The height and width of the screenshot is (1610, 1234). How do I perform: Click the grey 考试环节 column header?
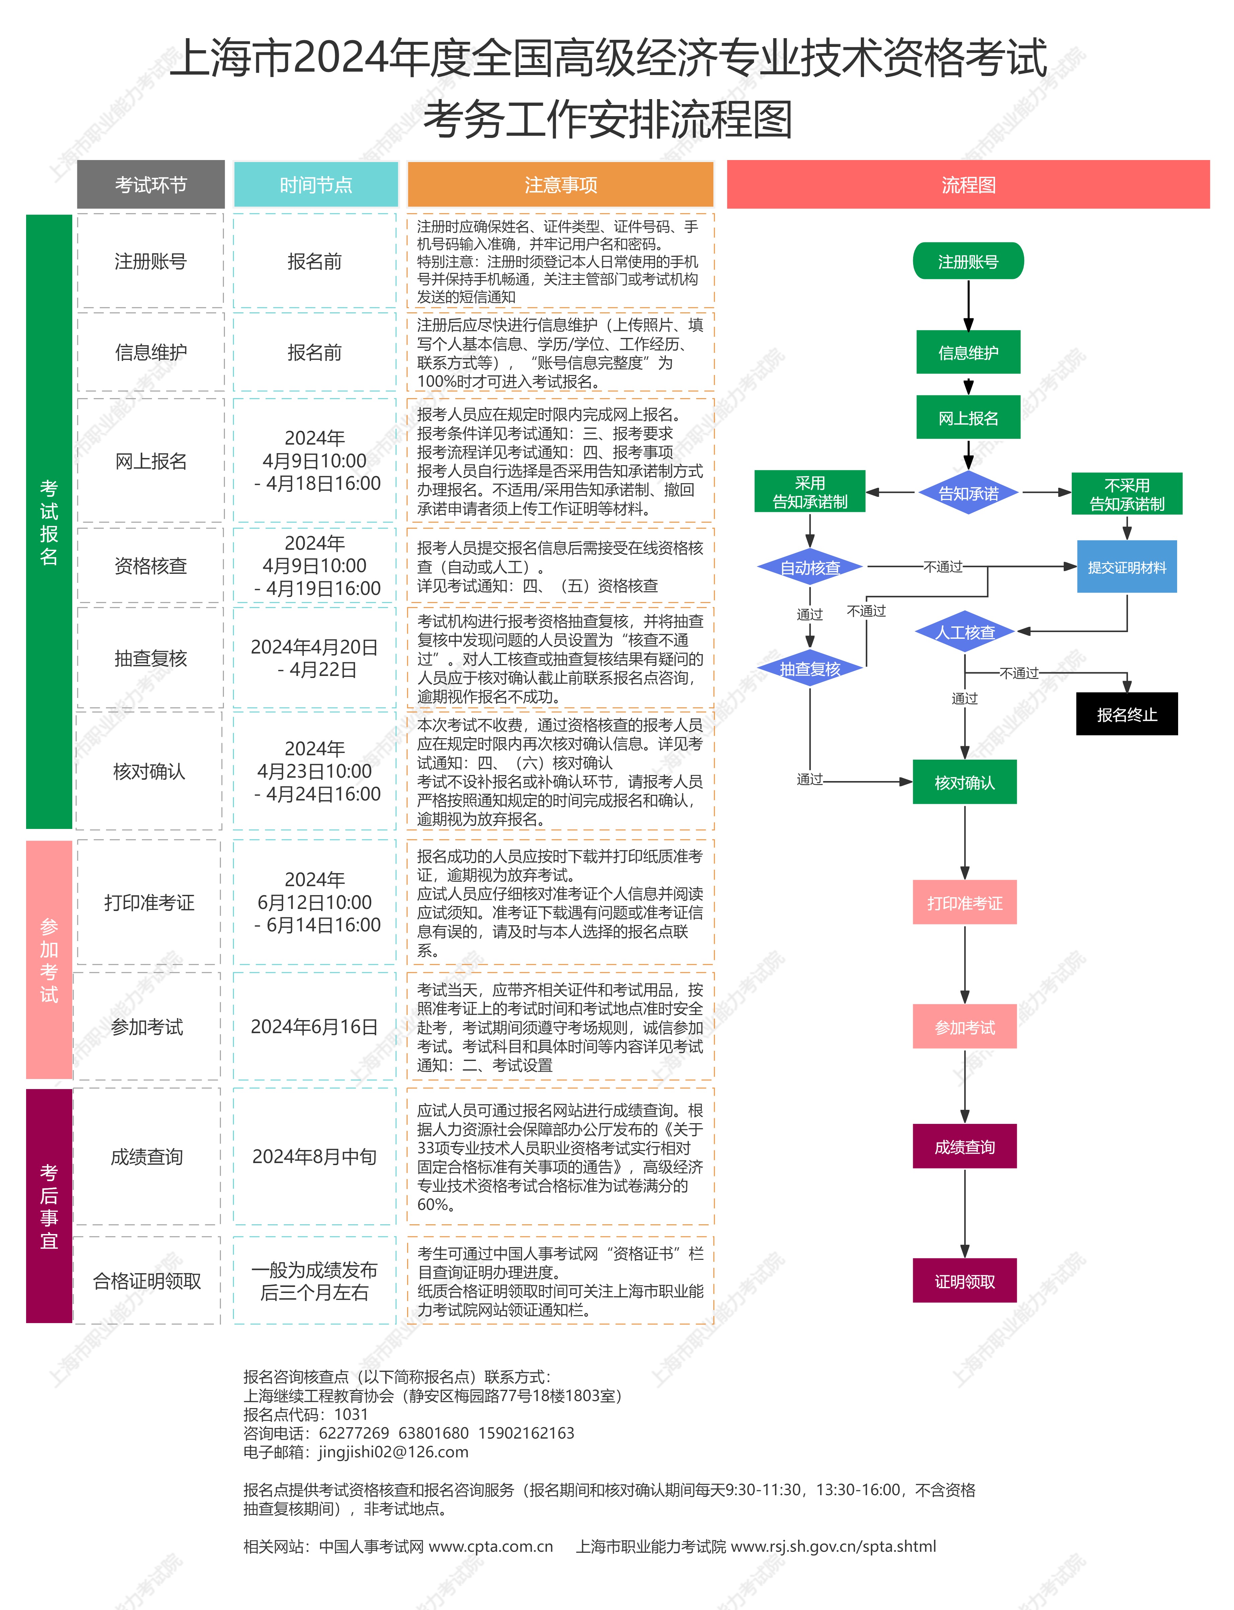[x=151, y=184]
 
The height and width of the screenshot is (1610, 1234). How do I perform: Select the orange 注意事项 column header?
[x=560, y=184]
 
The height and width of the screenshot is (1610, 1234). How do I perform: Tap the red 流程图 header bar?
[x=968, y=184]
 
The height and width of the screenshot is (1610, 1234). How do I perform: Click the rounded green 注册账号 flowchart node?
[x=968, y=261]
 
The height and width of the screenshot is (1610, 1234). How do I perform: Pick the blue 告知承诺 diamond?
[x=968, y=493]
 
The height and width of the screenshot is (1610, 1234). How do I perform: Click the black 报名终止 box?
[x=1127, y=714]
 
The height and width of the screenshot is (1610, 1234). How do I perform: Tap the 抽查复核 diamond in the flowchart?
[x=810, y=669]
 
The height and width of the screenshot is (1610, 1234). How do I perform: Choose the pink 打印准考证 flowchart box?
[x=964, y=902]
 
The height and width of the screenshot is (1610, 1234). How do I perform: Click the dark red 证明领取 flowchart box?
[x=964, y=1281]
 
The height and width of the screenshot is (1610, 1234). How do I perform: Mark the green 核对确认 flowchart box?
[x=964, y=782]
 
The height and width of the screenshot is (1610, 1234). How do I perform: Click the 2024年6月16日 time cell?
[x=315, y=1026]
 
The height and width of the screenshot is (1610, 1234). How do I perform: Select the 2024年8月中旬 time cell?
[x=315, y=1157]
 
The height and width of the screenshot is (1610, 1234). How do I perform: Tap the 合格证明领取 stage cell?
[x=147, y=1281]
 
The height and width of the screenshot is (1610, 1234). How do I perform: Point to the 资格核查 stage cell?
[x=151, y=565]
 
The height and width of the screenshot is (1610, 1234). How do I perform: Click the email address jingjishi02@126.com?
[x=393, y=1452]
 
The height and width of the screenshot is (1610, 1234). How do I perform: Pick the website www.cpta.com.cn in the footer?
[x=491, y=1546]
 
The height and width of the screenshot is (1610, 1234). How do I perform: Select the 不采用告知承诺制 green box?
[x=1127, y=494]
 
